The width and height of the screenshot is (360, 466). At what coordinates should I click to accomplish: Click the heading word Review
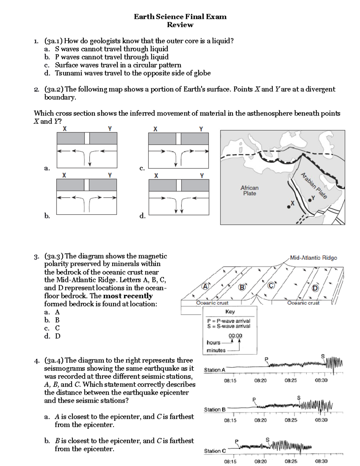(x=180, y=25)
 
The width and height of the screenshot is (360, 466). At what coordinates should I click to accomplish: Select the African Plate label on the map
(x=249, y=191)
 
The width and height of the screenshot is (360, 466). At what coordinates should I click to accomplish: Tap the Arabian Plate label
(x=313, y=185)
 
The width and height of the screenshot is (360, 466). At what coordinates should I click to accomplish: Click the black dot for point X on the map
(x=289, y=207)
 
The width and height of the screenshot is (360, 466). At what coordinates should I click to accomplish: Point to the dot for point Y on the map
(x=310, y=200)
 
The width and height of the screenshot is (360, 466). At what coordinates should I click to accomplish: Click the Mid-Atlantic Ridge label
(x=313, y=257)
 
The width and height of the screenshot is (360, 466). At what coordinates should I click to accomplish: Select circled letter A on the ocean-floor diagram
(x=205, y=286)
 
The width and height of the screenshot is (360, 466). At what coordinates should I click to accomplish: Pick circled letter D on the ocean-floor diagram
(x=315, y=288)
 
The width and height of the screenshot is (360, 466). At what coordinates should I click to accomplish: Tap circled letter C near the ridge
(x=271, y=286)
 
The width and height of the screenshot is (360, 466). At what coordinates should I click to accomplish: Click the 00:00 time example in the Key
(x=235, y=336)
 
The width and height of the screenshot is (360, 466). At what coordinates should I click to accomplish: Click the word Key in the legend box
(x=230, y=311)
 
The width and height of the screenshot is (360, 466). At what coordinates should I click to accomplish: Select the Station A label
(x=214, y=370)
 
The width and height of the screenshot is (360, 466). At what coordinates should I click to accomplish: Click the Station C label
(x=215, y=451)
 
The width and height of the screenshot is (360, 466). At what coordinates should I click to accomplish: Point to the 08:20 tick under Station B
(x=260, y=420)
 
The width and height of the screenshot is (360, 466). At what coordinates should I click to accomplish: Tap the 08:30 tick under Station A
(x=321, y=380)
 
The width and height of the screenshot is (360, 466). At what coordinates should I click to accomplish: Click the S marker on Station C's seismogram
(x=268, y=440)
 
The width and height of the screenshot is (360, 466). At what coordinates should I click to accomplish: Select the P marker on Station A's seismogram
(x=266, y=359)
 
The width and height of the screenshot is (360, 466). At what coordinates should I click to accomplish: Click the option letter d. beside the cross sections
(x=142, y=216)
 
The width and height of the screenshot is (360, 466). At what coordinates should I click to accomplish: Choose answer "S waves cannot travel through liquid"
(x=111, y=49)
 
